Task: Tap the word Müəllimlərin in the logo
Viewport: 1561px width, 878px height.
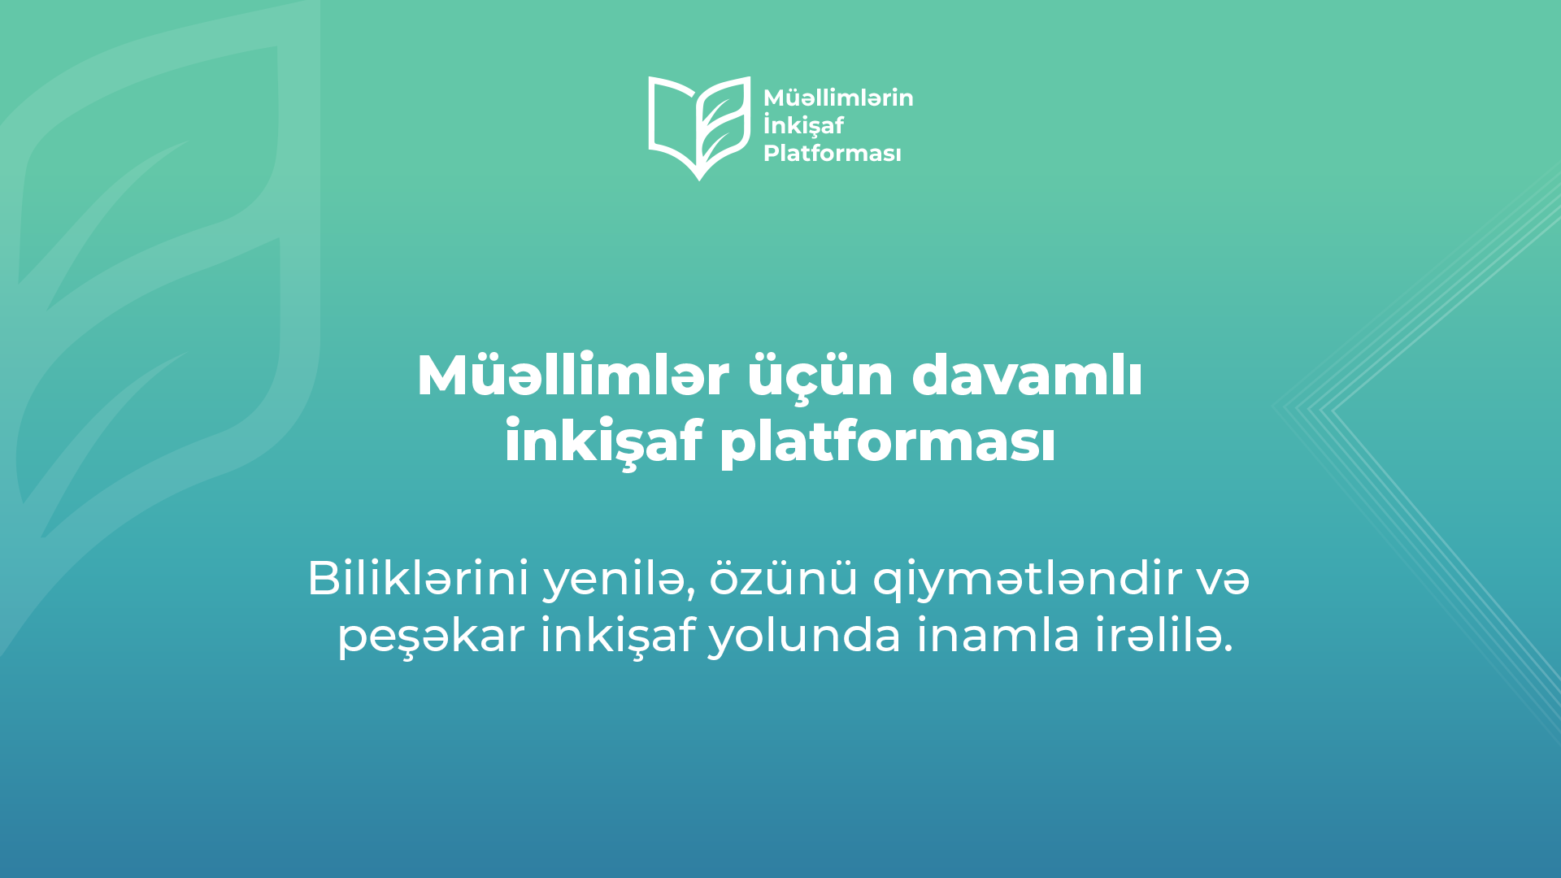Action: coord(838,98)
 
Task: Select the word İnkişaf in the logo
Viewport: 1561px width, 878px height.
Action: coord(803,125)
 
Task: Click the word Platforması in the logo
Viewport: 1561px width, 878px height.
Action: coord(833,153)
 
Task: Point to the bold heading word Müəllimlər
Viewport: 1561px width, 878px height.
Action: coord(573,376)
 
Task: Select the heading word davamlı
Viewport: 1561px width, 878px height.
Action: coord(1028,376)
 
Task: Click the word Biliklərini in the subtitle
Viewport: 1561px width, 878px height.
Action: coord(418,579)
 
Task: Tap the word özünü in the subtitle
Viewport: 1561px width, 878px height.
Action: coord(784,579)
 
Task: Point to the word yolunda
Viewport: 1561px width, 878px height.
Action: coord(805,636)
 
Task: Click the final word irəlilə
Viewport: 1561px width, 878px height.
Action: coord(1164,635)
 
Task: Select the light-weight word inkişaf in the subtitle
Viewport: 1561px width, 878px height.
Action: coord(618,636)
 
